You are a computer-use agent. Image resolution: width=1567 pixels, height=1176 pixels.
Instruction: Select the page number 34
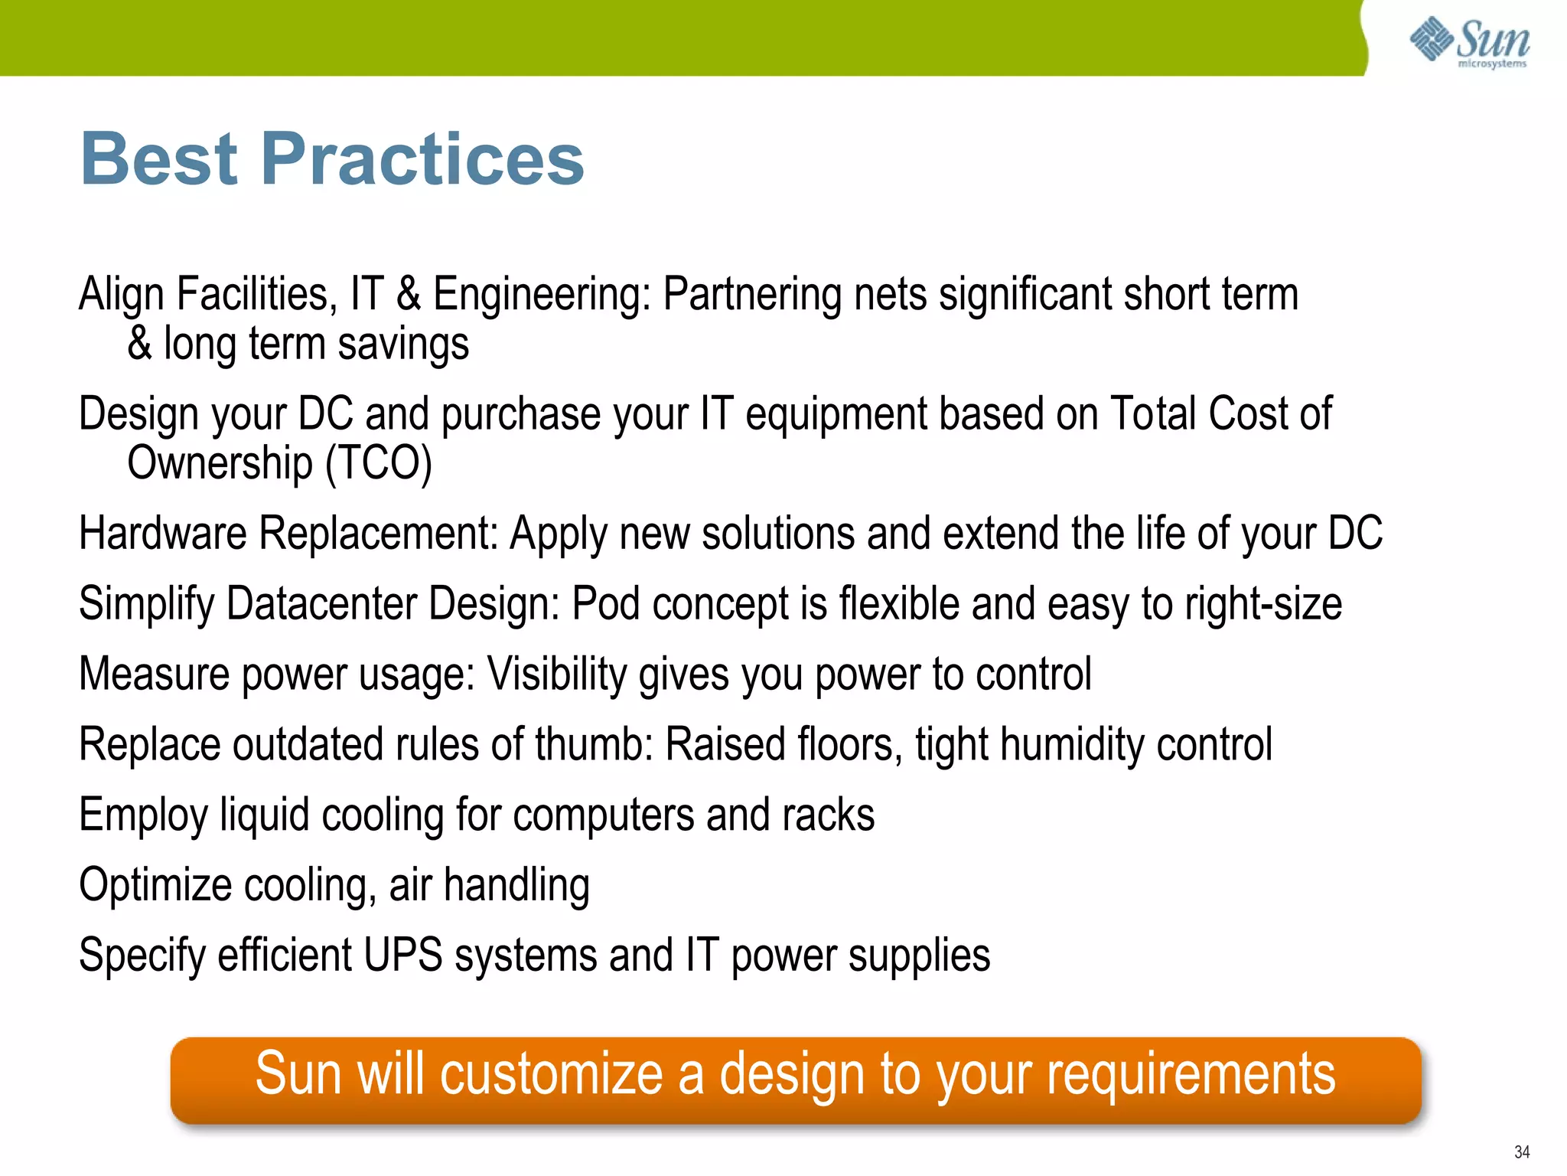tap(1521, 1152)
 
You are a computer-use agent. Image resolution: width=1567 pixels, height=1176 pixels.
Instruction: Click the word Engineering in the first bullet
tap(541, 296)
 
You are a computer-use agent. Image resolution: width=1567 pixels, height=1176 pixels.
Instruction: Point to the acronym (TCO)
tap(379, 464)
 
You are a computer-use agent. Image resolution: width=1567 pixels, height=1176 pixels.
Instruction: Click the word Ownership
tap(220, 464)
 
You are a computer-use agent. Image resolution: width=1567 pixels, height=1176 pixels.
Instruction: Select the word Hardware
tap(163, 534)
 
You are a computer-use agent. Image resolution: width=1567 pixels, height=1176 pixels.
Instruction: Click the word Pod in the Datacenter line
tap(605, 603)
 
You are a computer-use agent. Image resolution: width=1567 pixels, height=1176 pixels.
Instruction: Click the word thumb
tap(593, 744)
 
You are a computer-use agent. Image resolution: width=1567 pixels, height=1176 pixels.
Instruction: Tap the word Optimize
tap(155, 886)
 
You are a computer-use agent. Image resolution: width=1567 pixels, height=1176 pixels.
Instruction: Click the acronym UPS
tap(403, 955)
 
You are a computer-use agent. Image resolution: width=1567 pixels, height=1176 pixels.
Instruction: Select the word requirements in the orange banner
tap(1191, 1076)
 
